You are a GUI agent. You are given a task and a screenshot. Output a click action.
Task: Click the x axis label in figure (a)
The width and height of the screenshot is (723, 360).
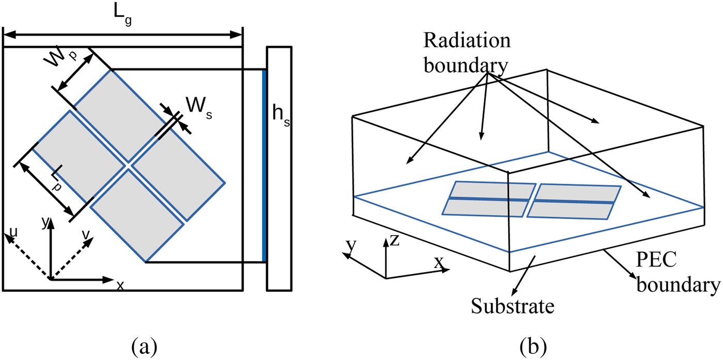120,285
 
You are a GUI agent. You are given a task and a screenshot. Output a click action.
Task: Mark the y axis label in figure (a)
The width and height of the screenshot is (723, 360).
45,223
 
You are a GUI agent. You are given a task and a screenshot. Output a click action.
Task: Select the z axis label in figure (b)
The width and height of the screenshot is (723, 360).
395,240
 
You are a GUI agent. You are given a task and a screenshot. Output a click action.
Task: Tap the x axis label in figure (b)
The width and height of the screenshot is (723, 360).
438,263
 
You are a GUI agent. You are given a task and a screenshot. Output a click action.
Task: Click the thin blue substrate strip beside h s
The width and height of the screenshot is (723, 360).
264,165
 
